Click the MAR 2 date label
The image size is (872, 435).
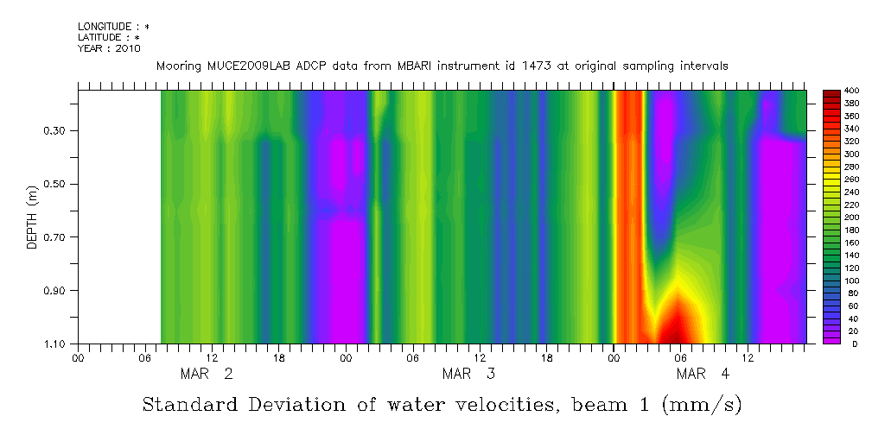point(206,374)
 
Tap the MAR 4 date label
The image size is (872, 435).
point(703,374)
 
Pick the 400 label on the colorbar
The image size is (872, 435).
point(851,91)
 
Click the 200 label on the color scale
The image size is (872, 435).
point(851,217)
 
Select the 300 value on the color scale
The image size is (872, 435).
point(851,154)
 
